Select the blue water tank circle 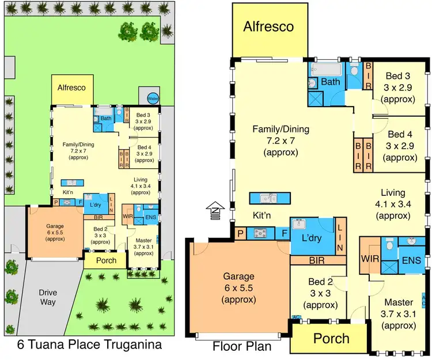152,98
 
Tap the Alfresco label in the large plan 268,26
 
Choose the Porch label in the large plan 332,338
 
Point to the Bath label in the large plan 331,82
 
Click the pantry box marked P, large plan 240,233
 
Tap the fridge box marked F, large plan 284,233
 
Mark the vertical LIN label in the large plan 340,237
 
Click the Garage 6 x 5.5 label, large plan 238,289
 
